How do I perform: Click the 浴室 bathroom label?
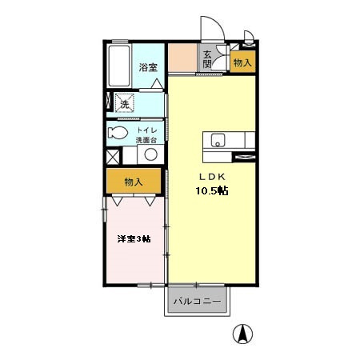[148, 67]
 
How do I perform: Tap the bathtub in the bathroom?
[119, 66]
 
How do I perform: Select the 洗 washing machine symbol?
[124, 102]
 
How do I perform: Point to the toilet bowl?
[118, 132]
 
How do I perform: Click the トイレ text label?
[147, 130]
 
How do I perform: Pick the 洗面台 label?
[146, 140]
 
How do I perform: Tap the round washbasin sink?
[150, 154]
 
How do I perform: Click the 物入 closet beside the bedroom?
[134, 181]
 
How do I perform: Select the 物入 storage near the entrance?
[242, 62]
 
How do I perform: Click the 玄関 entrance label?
[207, 59]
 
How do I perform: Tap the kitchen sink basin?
[218, 140]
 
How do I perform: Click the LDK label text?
[212, 177]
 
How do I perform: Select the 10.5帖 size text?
[212, 190]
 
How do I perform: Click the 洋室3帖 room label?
[134, 238]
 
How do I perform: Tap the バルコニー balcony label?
[198, 302]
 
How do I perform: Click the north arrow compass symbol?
[242, 334]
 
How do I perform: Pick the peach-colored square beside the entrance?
[182, 58]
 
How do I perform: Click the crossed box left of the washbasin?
[113, 157]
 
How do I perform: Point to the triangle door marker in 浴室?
[157, 83]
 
